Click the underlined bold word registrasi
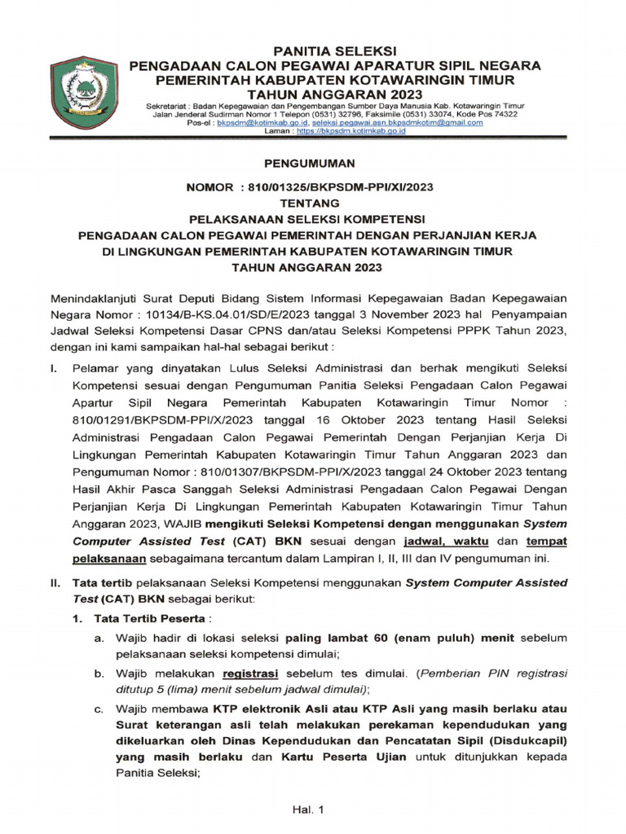click(251, 674)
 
